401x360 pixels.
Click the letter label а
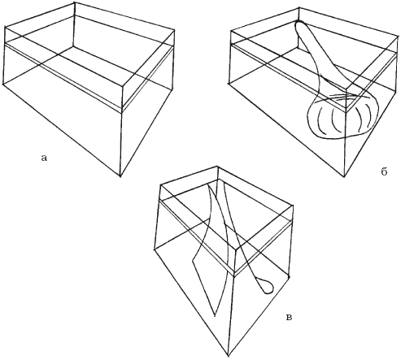[x=44, y=158]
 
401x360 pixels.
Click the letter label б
[x=384, y=171]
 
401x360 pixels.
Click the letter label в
[x=290, y=317]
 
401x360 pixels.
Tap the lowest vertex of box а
[x=120, y=176]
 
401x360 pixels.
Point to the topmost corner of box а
[x=75, y=2]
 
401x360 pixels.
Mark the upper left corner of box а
[x=5, y=26]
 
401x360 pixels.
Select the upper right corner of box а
[x=174, y=29]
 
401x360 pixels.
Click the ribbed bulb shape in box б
[x=342, y=117]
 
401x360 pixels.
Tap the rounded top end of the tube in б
[x=299, y=23]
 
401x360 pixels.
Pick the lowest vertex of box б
[x=344, y=177]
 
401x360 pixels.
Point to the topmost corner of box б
[x=299, y=7]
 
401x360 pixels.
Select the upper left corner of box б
[x=230, y=30]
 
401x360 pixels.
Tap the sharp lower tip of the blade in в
[x=215, y=316]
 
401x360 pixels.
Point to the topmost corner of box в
[x=218, y=167]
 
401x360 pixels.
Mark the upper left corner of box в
[x=161, y=185]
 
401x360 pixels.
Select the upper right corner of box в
[x=293, y=205]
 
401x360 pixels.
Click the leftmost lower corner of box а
[x=2, y=85]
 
